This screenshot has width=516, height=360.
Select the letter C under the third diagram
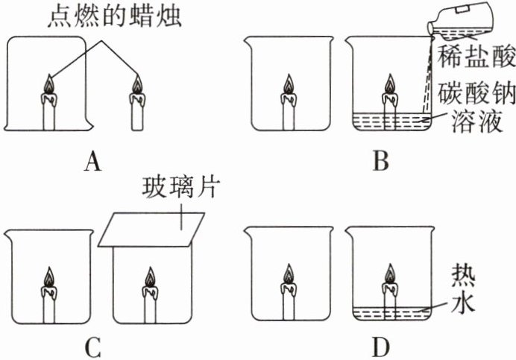92,347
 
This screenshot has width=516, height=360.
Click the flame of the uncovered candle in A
136,86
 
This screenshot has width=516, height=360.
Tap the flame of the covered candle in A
48,86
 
